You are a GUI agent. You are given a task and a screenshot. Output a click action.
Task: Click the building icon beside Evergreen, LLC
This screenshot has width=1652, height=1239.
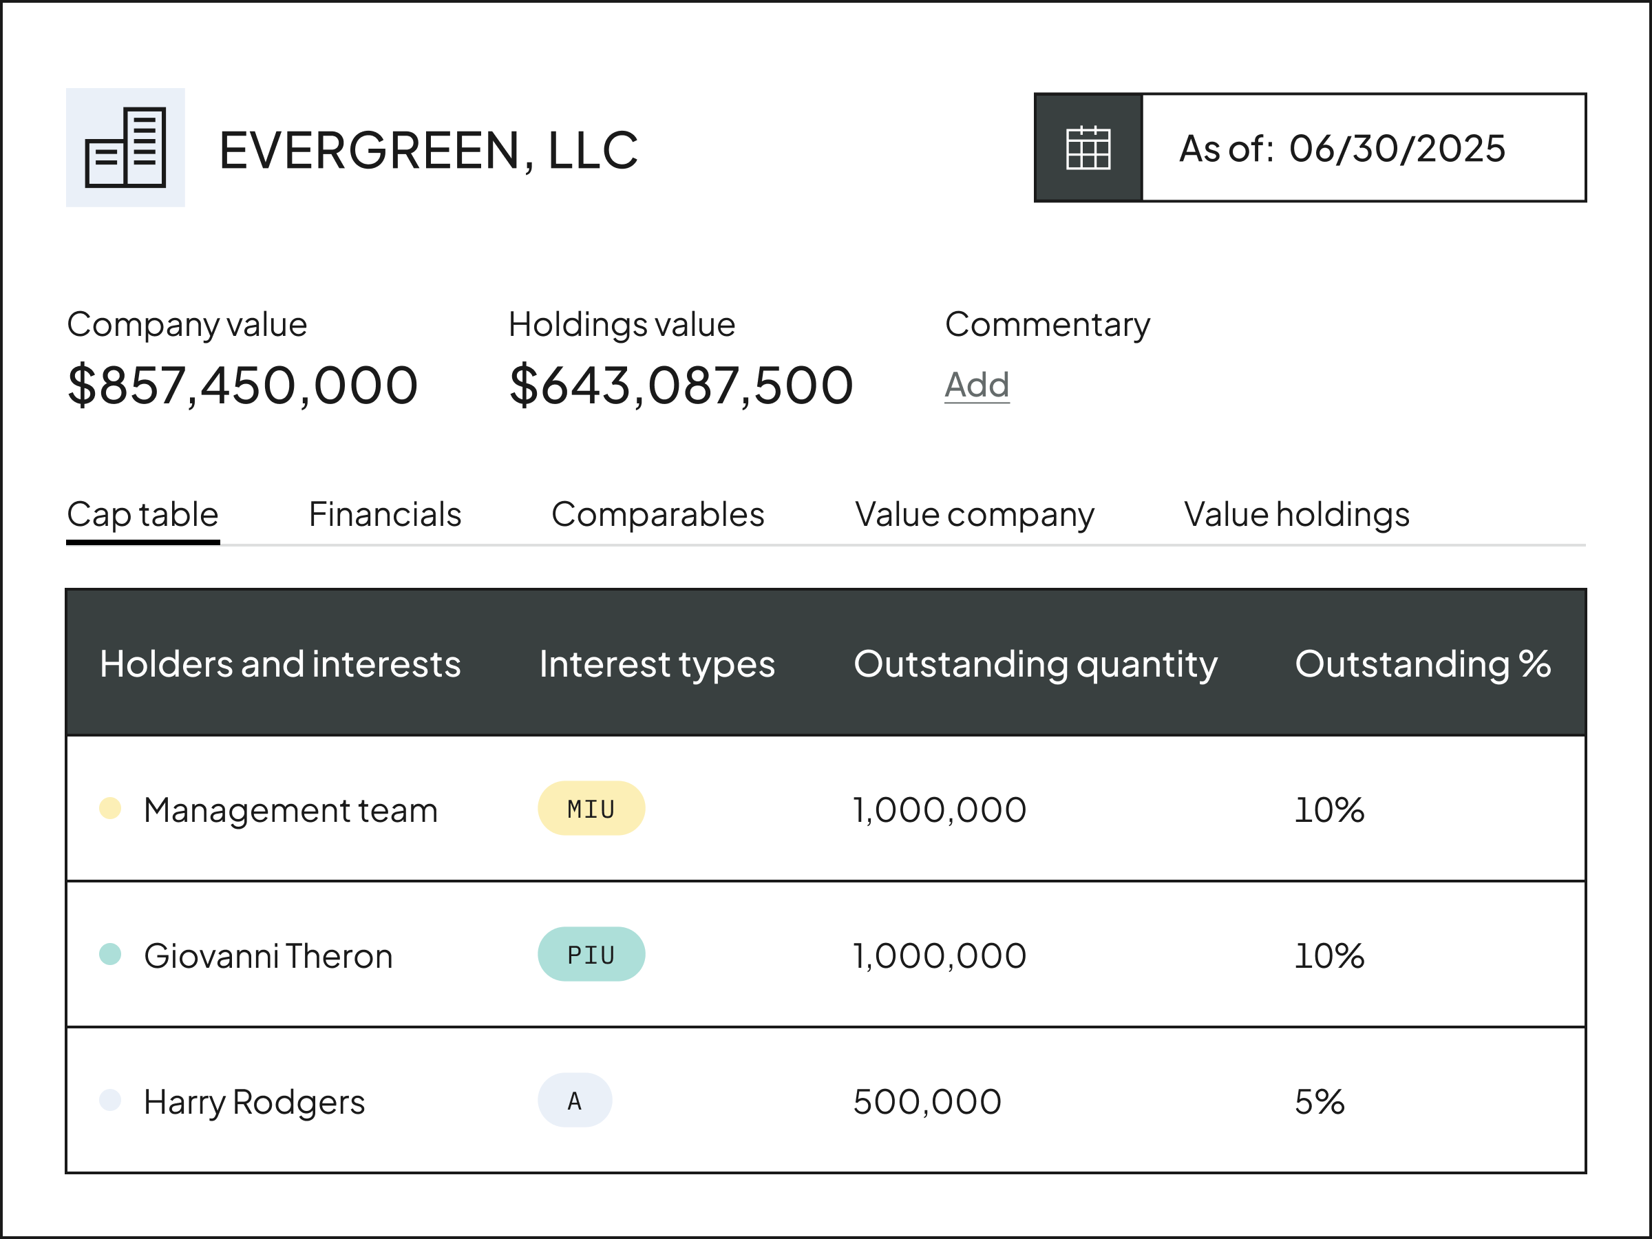pos(125,147)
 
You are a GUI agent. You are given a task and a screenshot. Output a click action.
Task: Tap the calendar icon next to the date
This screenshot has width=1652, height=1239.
pos(1088,148)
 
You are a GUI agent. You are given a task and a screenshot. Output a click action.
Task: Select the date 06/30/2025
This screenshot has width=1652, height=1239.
pos(1397,149)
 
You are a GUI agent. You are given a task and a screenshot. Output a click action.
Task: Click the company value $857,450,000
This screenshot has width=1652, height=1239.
pos(243,385)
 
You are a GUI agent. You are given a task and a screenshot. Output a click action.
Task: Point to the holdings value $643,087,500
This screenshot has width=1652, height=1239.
pos(680,385)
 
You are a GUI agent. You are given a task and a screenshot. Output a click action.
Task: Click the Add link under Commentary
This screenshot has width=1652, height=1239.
pos(977,385)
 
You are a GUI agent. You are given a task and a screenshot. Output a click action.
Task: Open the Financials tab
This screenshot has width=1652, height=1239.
pos(385,515)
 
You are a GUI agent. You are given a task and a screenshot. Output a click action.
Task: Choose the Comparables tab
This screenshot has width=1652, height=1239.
pos(657,515)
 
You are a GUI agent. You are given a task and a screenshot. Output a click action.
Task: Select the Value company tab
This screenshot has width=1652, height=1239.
pos(974,515)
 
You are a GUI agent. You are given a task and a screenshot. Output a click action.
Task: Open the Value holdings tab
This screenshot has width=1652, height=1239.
pos(1297,515)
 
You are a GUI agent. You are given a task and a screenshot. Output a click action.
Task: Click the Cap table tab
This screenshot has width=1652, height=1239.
pos(142,515)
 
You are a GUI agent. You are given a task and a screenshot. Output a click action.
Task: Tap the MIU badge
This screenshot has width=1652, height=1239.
pos(591,809)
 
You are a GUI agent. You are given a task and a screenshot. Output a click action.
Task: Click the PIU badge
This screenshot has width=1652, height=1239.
pos(591,955)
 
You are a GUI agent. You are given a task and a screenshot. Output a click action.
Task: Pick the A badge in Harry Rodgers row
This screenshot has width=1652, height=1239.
pos(574,1100)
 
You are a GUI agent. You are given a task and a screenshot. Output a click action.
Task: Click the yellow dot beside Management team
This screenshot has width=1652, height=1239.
pos(111,808)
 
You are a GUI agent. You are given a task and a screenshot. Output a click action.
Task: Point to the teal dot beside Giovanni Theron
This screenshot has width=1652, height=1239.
pos(111,954)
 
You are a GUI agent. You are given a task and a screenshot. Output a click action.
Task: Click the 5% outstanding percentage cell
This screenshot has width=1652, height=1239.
pos(1319,1101)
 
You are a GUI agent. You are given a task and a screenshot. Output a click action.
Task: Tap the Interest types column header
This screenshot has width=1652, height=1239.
pos(657,664)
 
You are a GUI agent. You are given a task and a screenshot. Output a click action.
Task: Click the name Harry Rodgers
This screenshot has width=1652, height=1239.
pos(254,1101)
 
